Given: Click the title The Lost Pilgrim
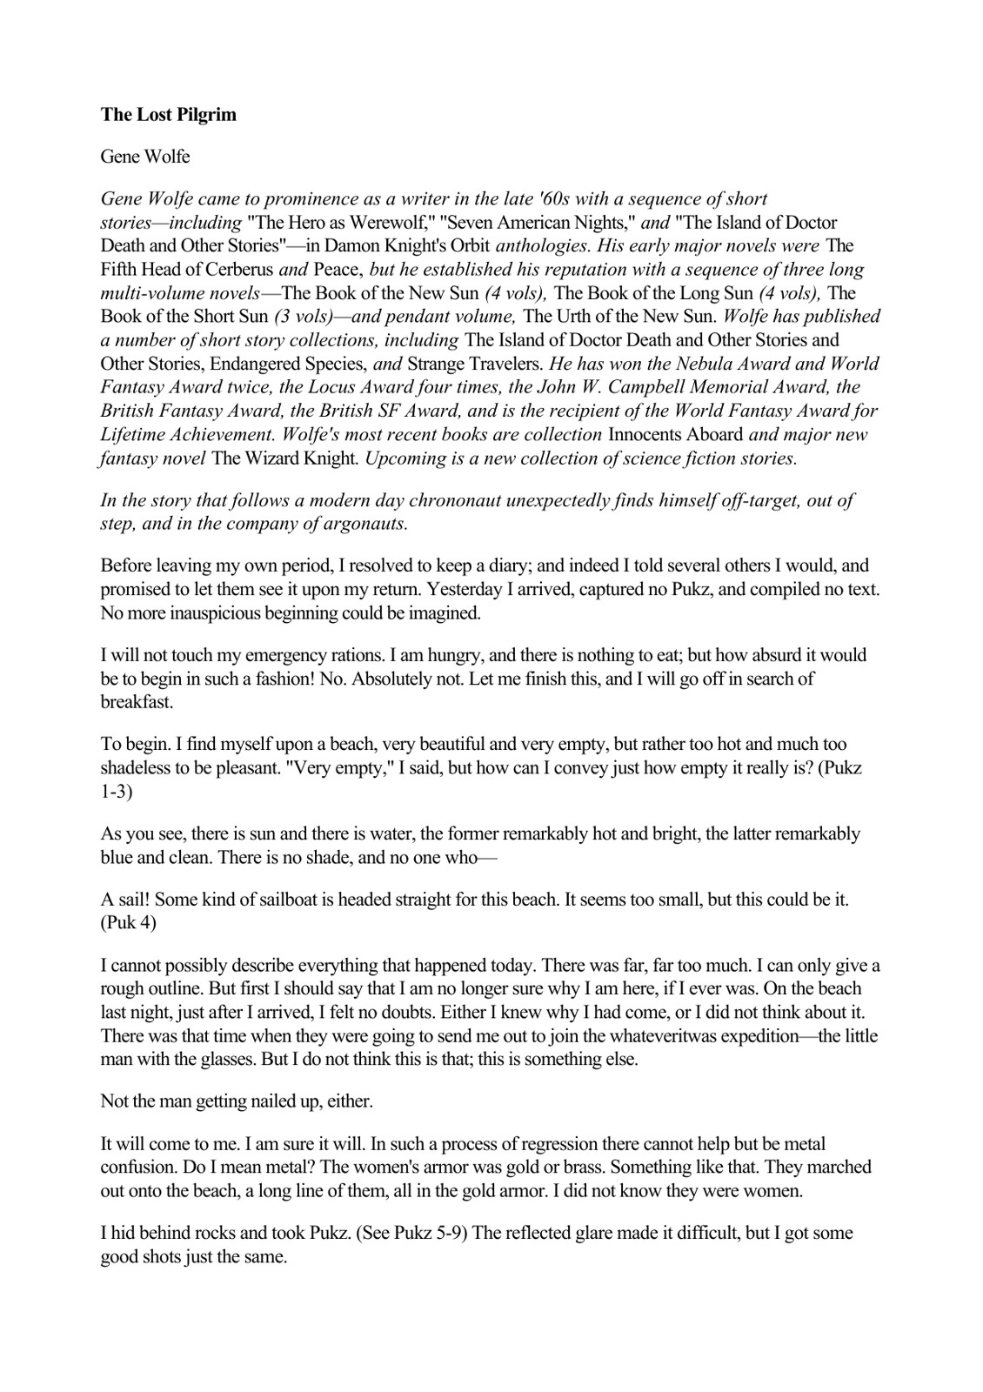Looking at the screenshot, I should coord(168,115).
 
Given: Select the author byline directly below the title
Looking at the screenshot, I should coord(145,157).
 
